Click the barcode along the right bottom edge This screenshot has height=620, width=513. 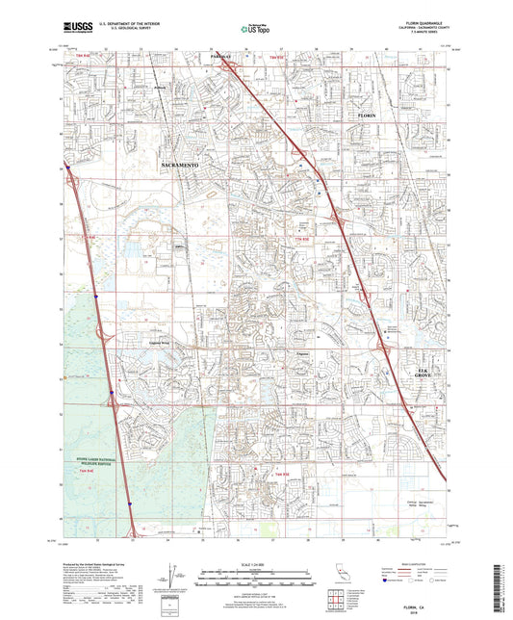[x=504, y=581]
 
